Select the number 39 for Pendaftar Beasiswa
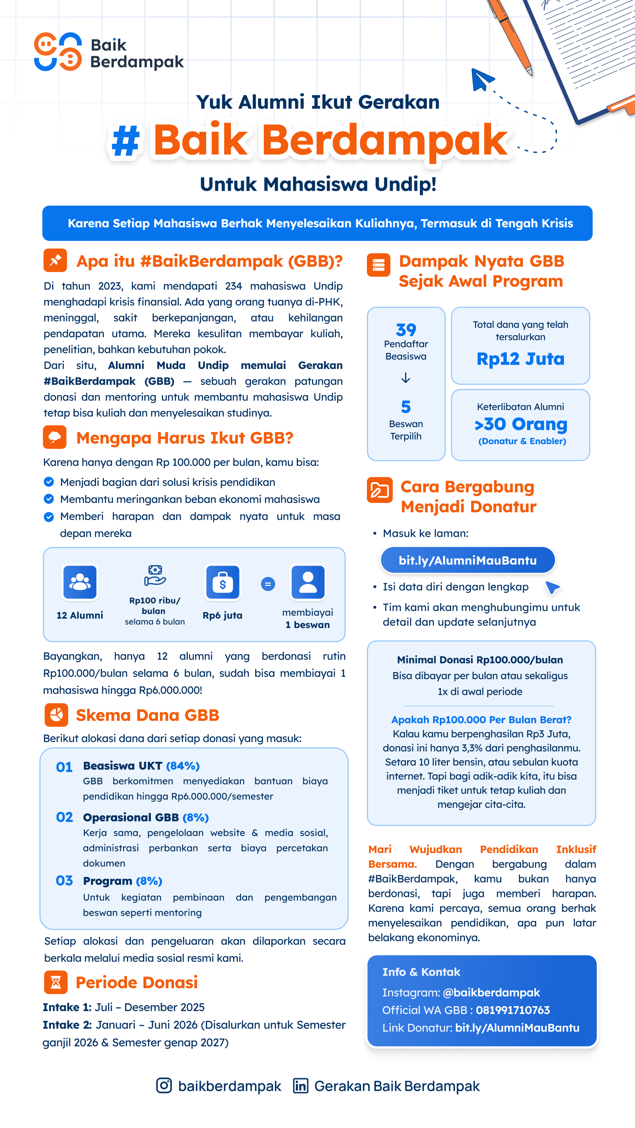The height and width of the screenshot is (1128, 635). click(x=406, y=329)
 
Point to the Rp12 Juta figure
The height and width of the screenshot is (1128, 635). click(x=520, y=359)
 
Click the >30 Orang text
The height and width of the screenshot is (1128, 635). click(x=521, y=424)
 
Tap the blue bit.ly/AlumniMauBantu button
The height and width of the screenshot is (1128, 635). click(x=468, y=560)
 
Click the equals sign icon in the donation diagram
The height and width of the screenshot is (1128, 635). click(x=268, y=584)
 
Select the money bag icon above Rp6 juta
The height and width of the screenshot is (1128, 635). click(x=223, y=582)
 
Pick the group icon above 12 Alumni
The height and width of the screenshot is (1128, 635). click(x=80, y=582)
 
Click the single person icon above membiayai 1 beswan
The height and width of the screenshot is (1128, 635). click(x=308, y=582)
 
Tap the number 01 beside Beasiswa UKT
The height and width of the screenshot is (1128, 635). click(x=64, y=767)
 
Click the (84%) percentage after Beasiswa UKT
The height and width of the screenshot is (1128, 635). click(x=183, y=766)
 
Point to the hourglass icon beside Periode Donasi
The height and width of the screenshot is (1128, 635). click(x=56, y=982)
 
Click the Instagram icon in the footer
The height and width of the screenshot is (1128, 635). click(x=164, y=1086)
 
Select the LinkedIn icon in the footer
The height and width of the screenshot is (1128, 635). click(x=301, y=1086)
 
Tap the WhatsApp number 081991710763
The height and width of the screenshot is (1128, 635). click(x=513, y=1010)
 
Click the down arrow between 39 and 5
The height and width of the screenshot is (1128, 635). click(x=406, y=378)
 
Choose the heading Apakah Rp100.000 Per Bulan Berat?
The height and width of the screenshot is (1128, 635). click(x=481, y=719)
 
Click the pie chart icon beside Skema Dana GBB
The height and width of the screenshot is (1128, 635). click(x=56, y=715)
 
